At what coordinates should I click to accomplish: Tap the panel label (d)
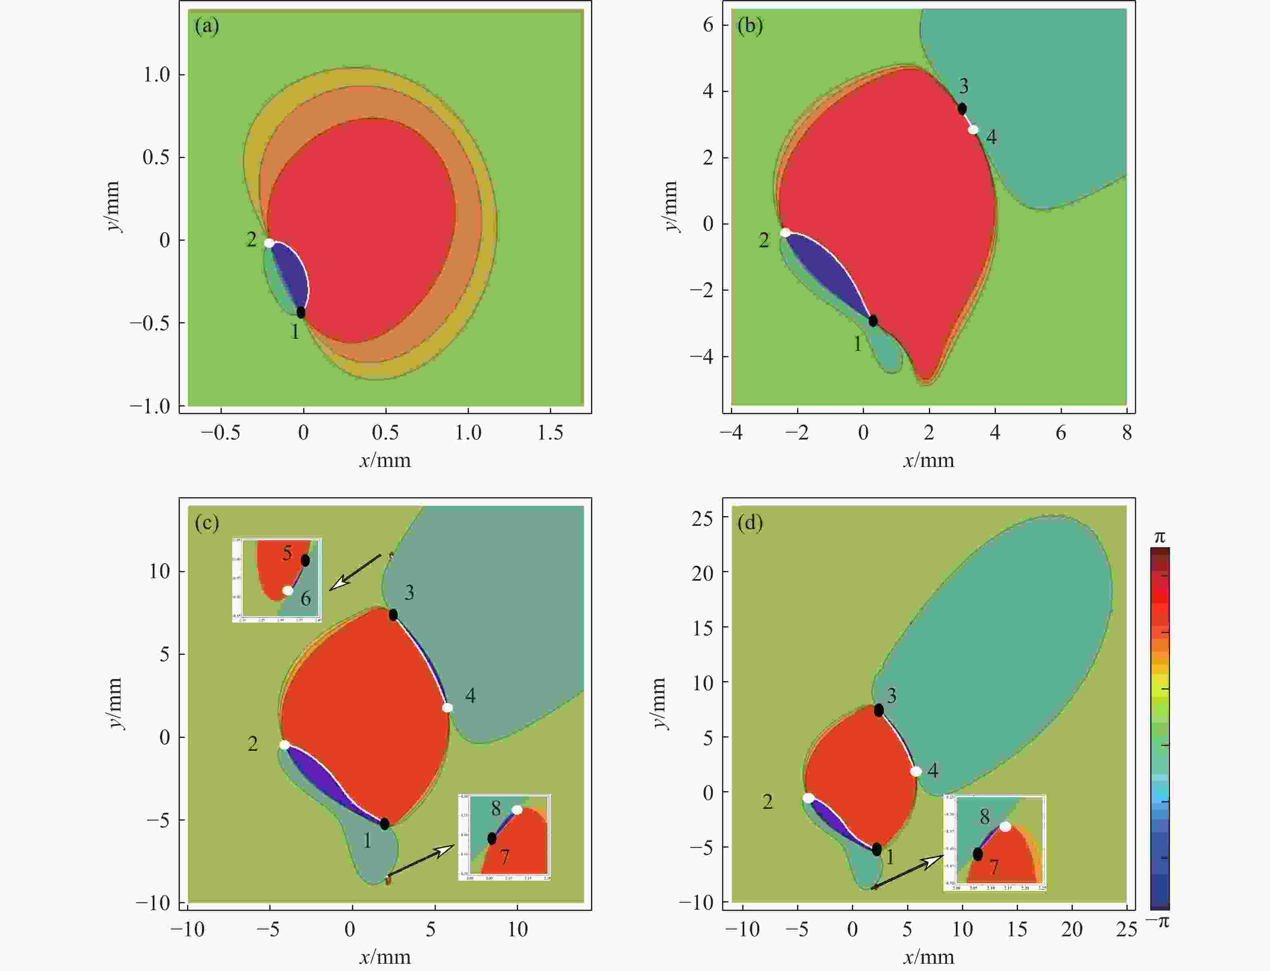click(x=750, y=523)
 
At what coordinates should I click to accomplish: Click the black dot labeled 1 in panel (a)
click(x=301, y=312)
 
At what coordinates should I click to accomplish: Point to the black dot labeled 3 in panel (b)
click(x=962, y=108)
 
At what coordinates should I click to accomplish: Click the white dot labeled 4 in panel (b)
click(x=974, y=129)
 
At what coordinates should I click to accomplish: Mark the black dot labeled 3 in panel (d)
click(x=879, y=710)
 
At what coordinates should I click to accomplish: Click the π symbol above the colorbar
click(x=1160, y=538)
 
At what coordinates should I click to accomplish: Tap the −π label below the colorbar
click(x=1158, y=921)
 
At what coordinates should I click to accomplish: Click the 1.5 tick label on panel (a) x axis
click(x=550, y=432)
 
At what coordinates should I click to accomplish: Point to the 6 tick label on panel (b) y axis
click(x=708, y=25)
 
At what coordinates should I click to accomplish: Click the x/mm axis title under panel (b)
click(x=929, y=460)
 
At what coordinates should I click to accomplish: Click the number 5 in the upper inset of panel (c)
click(x=287, y=553)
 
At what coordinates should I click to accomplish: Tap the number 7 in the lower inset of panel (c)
click(x=505, y=856)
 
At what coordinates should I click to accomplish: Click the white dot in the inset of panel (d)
click(x=1006, y=827)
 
